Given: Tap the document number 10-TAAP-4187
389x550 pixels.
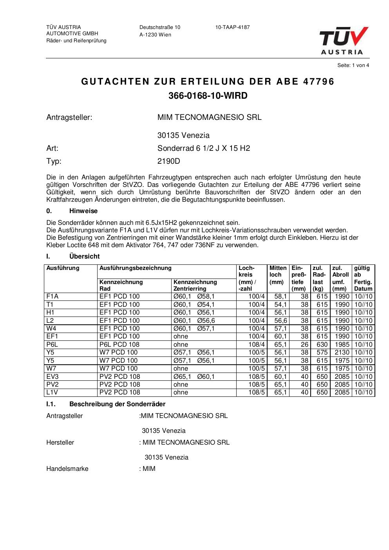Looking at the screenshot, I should click(232, 27).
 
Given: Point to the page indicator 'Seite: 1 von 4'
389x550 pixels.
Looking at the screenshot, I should click(353, 65).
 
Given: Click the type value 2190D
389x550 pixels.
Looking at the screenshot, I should click(169, 161).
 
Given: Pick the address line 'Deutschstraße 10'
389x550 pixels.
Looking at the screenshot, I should click(160, 27).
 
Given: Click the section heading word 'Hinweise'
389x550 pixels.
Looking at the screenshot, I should click(83, 211).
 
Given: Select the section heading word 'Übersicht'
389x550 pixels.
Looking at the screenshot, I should click(84, 257).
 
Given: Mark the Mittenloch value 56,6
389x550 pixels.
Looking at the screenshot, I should click(280, 320).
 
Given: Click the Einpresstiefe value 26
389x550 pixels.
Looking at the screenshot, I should click(304, 345).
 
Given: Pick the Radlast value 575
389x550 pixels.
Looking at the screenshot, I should click(322, 353).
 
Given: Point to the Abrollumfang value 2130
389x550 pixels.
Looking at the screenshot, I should click(342, 353).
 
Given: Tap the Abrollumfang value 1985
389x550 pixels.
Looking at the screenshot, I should click(342, 345).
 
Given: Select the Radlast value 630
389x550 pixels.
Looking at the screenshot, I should click(322, 345).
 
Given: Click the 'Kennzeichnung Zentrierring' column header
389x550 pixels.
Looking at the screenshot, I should click(195, 286).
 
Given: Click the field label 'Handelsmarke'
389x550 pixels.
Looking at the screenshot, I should click(67, 469).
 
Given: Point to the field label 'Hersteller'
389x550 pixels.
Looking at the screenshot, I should click(60, 443).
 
